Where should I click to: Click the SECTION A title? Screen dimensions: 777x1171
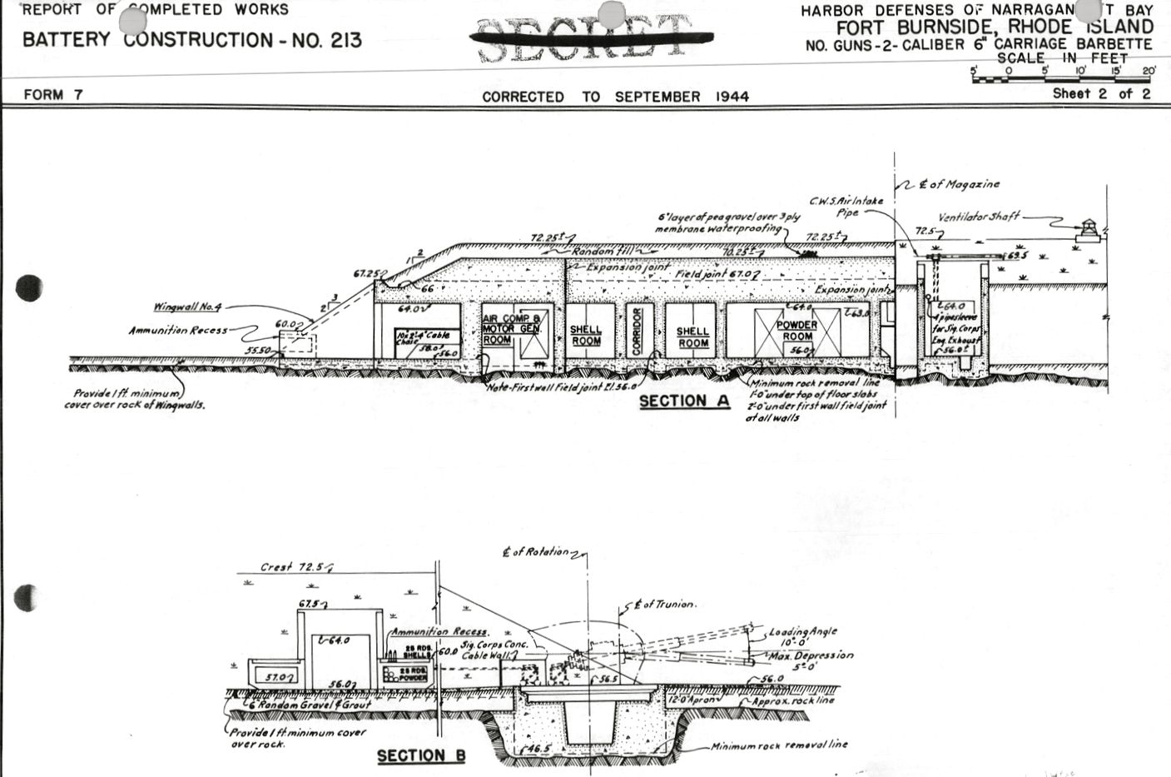pyautogui.click(x=684, y=401)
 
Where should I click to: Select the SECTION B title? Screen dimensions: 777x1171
pyautogui.click(x=421, y=756)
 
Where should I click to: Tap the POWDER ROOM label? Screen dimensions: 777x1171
pyautogui.click(x=796, y=331)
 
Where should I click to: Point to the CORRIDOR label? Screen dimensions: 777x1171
pyautogui.click(x=638, y=331)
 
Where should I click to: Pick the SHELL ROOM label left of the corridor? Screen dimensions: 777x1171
pyautogui.click(x=586, y=336)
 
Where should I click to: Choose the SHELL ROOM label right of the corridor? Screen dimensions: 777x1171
pyautogui.click(x=692, y=336)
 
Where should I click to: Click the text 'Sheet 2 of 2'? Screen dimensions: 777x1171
pyautogui.click(x=1101, y=93)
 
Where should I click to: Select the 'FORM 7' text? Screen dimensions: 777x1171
pyautogui.click(x=53, y=95)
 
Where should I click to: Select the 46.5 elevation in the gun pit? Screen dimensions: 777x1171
pyautogui.click(x=538, y=750)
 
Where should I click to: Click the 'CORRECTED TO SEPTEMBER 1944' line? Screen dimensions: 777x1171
pyautogui.click(x=615, y=97)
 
